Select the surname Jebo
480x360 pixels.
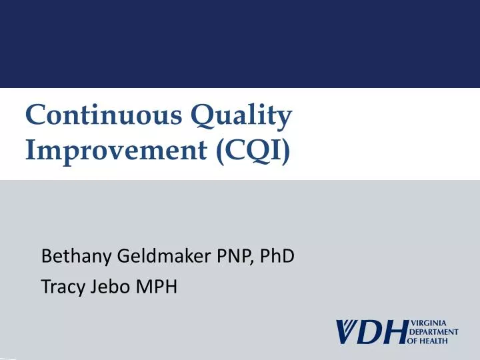point(109,289)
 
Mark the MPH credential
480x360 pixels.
point(157,289)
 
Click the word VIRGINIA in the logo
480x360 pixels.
point(428,323)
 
